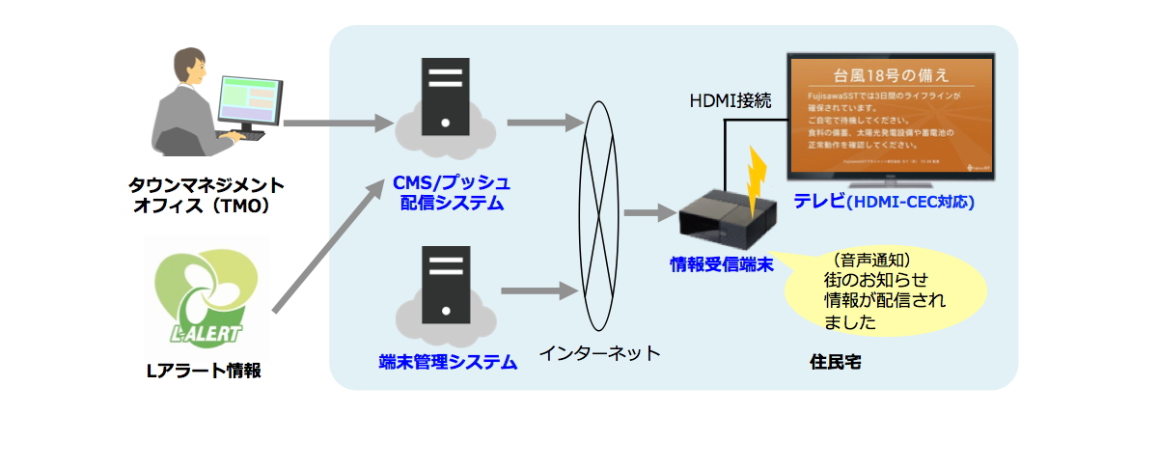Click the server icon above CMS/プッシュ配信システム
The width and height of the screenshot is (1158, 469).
click(445, 95)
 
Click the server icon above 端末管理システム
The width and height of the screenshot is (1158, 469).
click(445, 282)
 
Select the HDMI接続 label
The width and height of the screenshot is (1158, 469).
click(730, 100)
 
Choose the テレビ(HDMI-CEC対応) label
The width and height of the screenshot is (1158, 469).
click(883, 203)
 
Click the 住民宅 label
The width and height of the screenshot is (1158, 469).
click(836, 363)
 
